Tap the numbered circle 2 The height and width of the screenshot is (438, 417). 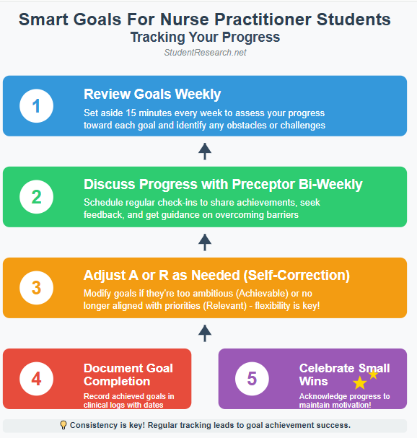(36, 197)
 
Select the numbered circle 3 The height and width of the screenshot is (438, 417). (36, 288)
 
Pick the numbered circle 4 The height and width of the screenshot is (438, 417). (36, 379)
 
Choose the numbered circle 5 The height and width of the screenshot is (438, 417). (252, 379)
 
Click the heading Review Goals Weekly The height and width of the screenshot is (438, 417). (152, 95)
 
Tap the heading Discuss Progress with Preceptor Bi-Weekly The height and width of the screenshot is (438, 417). (223, 185)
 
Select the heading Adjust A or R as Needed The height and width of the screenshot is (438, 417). (216, 276)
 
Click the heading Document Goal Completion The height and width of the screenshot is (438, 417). (129, 375)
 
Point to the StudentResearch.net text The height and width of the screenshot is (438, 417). (205, 53)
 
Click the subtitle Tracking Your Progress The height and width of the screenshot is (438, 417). (205, 37)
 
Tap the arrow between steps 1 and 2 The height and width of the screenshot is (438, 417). (205, 151)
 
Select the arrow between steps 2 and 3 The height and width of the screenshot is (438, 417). (205, 242)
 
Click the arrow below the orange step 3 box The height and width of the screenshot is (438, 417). (205, 333)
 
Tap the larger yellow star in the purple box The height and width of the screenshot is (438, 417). (359, 383)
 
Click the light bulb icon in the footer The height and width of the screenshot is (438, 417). (63, 425)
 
